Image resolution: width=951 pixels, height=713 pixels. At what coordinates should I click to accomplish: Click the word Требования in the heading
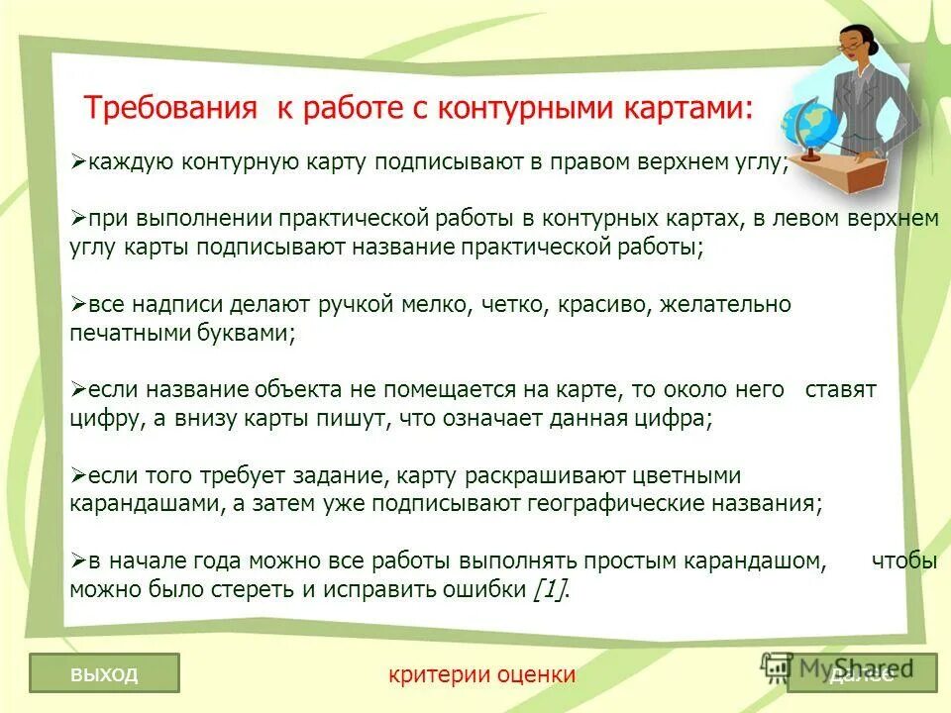coord(169,107)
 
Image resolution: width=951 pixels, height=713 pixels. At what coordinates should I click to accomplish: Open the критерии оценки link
coord(482,674)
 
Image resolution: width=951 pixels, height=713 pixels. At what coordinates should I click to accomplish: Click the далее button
coord(862,674)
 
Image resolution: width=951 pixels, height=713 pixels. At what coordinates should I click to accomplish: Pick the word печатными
coord(125,333)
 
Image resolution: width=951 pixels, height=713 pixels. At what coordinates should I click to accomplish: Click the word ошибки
coord(479,589)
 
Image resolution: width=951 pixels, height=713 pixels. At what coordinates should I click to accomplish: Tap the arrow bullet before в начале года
coord(78,561)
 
